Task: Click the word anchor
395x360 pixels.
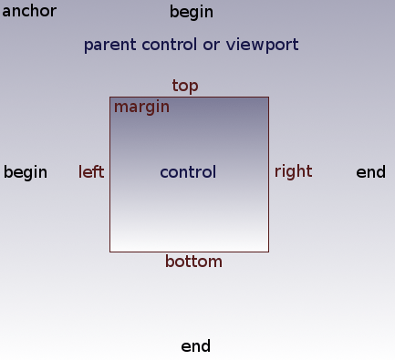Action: [29, 12]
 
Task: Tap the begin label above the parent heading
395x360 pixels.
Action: [192, 13]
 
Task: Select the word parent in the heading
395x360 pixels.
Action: [106, 45]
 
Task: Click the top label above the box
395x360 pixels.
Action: [185, 86]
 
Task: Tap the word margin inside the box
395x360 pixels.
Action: [141, 108]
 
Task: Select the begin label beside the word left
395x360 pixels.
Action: [26, 172]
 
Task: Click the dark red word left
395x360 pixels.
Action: [91, 172]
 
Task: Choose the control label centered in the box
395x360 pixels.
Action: [188, 172]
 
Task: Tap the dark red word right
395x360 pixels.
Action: [293, 171]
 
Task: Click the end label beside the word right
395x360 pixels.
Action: [370, 172]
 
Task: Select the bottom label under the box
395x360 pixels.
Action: [193, 262]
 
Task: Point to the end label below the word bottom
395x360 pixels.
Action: [196, 346]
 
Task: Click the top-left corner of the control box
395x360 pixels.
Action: [110, 98]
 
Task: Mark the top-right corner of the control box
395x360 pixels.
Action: [268, 98]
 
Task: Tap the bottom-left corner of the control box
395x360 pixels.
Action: [110, 251]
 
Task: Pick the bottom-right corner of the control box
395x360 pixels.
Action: [268, 251]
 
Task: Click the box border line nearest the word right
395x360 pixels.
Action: [268, 172]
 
